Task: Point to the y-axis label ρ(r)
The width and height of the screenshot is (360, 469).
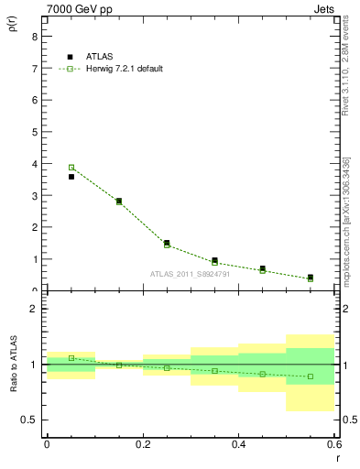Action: point(13,35)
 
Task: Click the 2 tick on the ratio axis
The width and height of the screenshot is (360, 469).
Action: point(34,309)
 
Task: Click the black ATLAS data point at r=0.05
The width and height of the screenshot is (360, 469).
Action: point(71,177)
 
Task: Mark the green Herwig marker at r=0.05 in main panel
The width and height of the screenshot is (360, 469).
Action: point(71,167)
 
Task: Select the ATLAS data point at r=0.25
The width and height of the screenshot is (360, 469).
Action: point(167,243)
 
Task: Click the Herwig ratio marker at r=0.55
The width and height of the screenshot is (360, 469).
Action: point(311,376)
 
